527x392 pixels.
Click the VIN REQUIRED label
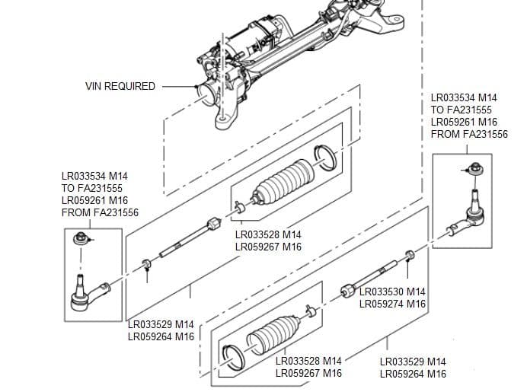120,86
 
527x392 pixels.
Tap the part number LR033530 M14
392,292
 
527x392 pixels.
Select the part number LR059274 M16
392,304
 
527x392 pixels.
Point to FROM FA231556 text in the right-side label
469,134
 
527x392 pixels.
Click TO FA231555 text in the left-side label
91,188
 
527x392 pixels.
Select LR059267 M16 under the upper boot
268,247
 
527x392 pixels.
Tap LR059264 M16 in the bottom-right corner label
412,374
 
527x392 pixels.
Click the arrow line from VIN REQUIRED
178,86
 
